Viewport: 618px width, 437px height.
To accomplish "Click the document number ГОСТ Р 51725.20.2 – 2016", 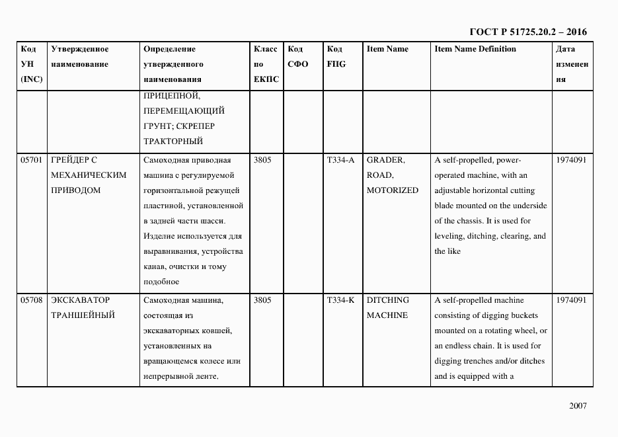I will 527,32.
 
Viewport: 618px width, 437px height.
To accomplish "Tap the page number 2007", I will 577,406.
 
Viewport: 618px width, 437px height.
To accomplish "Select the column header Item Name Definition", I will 475,49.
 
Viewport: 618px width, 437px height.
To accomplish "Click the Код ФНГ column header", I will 336,57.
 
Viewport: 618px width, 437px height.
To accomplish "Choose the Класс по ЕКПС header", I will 266,64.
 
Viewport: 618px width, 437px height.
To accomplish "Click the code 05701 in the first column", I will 31,160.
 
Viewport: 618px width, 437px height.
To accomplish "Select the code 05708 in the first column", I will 31,300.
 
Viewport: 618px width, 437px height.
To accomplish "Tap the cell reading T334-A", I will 340,160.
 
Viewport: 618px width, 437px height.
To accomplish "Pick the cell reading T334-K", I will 340,300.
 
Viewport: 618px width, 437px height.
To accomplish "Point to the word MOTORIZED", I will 392,190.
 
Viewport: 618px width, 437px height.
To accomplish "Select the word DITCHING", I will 387,300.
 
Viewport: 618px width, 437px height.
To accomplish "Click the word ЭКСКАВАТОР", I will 80,300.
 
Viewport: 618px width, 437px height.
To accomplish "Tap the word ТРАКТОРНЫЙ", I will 172,141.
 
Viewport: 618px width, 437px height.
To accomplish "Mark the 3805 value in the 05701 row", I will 262,160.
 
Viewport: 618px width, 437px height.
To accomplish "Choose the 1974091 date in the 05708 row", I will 572,300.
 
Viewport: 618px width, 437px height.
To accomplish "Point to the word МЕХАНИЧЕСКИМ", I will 88,175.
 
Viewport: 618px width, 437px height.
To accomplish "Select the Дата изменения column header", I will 572,64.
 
